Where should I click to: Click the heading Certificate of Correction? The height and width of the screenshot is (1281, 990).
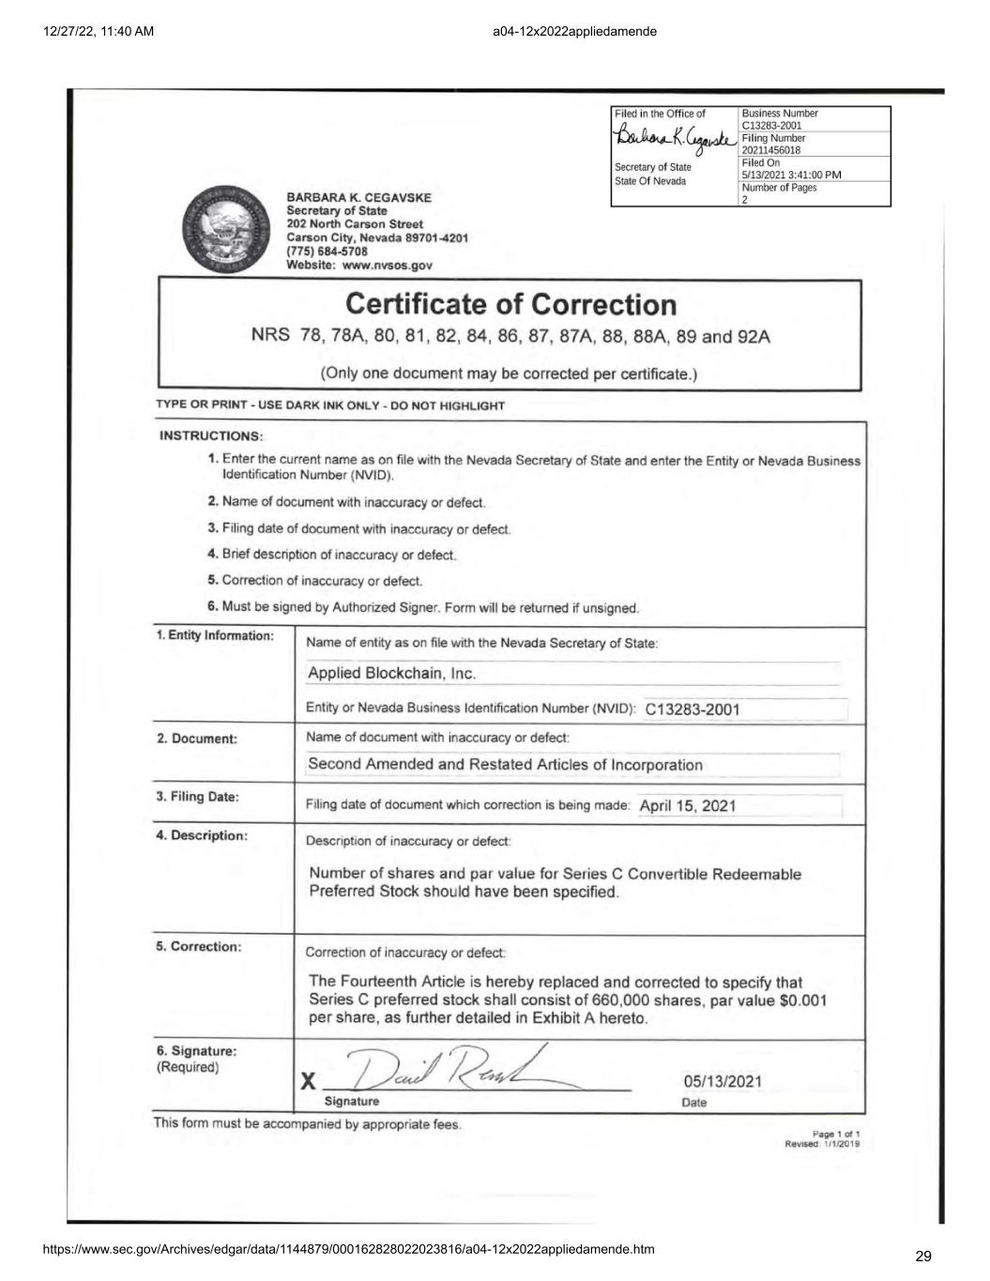click(510, 305)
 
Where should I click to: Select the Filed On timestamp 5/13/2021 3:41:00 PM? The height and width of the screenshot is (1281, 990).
click(791, 175)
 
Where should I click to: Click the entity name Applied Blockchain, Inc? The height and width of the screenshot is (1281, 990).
click(392, 674)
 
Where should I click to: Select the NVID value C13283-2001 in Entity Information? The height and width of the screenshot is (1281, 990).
click(693, 709)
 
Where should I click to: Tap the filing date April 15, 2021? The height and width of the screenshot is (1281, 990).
click(688, 805)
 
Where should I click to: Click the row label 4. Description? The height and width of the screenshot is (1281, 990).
click(201, 835)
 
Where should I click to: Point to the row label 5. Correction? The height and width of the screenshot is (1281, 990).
click(198, 946)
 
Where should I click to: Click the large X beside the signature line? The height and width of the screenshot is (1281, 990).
click(307, 1081)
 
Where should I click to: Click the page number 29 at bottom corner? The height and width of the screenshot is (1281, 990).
click(922, 1257)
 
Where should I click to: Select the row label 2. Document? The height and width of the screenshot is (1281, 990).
click(196, 739)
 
